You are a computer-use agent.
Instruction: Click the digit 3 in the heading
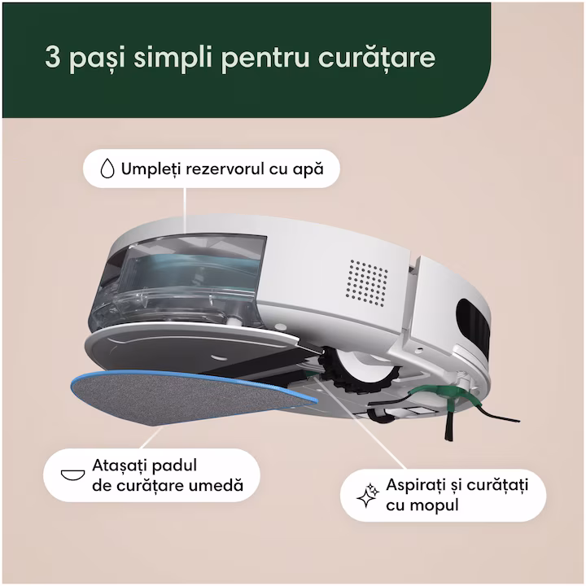52,57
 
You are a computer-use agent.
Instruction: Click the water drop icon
107,168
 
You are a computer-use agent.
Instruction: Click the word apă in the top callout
308,170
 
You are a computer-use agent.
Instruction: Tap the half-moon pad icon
73,475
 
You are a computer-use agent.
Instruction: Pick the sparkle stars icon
368,495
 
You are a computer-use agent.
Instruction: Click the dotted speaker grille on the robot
367,283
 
